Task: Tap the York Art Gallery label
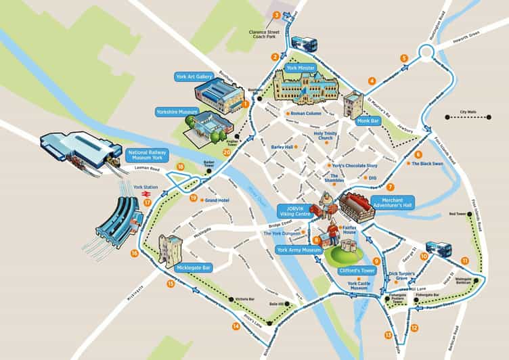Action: click(194, 76)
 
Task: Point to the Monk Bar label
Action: click(368, 120)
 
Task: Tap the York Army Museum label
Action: click(299, 250)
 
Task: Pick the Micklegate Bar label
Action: click(194, 267)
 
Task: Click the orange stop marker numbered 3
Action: click(276, 15)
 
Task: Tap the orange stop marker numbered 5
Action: click(404, 58)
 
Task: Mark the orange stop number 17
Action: click(147, 201)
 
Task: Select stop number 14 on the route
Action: click(236, 326)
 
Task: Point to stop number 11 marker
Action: click(464, 261)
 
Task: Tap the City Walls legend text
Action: click(467, 111)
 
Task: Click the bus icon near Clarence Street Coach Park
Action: click(304, 42)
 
